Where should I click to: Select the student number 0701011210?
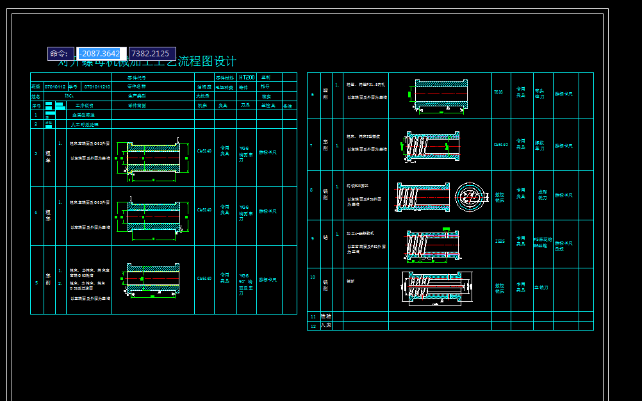coord(97,86)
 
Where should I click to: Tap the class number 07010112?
coord(55,86)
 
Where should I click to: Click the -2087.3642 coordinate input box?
coord(101,54)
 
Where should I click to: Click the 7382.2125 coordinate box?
coord(152,54)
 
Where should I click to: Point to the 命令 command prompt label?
coord(60,54)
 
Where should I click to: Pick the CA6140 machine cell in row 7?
coord(501,145)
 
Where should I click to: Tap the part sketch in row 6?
coord(440,95)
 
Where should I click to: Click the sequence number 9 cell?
coord(313,238)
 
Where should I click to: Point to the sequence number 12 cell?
coord(313,326)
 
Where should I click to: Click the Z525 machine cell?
coord(500,241)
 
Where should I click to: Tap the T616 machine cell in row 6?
coord(498,92)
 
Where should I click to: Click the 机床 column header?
coord(202,106)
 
